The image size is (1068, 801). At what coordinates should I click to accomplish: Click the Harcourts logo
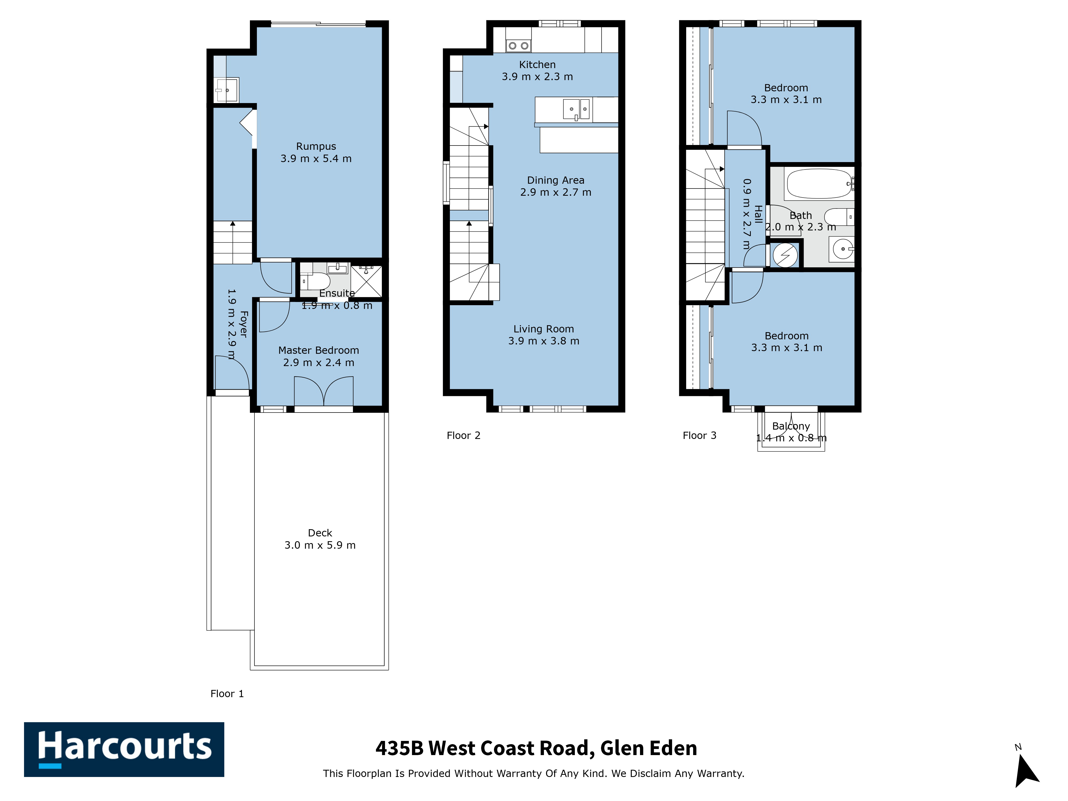tap(124, 749)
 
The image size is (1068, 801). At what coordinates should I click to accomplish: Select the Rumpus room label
tap(316, 146)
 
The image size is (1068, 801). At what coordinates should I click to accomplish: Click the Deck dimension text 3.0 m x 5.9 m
tap(320, 545)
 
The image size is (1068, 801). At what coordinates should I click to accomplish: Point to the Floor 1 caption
tap(227, 694)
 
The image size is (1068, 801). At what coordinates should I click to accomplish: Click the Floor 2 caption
tap(464, 435)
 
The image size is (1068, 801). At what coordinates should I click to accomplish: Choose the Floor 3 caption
tap(700, 435)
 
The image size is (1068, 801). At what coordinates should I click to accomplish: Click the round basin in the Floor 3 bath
tap(843, 249)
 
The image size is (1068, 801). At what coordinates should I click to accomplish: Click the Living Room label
tap(544, 329)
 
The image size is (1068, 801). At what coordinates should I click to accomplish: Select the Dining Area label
tap(556, 180)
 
